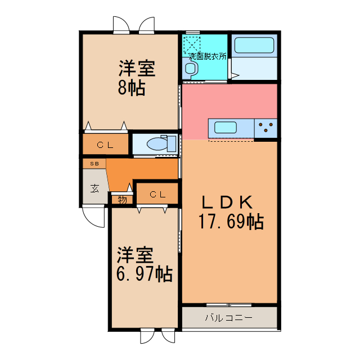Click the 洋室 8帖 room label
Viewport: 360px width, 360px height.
136,79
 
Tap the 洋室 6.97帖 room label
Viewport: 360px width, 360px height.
143,265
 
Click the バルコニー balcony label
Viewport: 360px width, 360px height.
228,318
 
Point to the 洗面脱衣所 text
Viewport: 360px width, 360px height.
208,57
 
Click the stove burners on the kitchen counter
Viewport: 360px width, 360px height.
267,128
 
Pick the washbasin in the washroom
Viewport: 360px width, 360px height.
191,69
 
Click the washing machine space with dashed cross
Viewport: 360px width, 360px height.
192,44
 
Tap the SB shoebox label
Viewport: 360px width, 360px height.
94,164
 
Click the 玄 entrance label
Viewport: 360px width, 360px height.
95,188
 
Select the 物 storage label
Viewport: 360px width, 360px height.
122,199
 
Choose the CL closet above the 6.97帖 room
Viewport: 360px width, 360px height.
157,195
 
